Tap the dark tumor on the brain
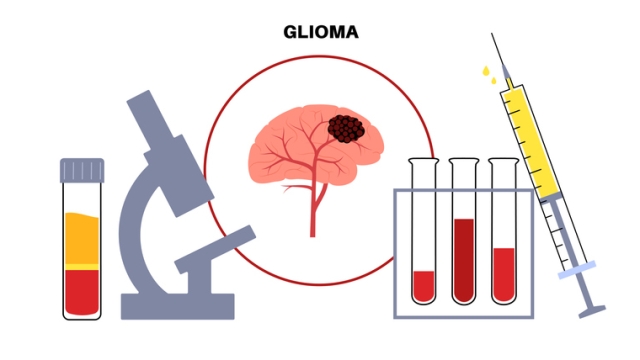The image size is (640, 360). (346, 128)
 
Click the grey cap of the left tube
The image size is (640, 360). (82, 169)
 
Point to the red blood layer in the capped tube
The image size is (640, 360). (82, 291)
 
